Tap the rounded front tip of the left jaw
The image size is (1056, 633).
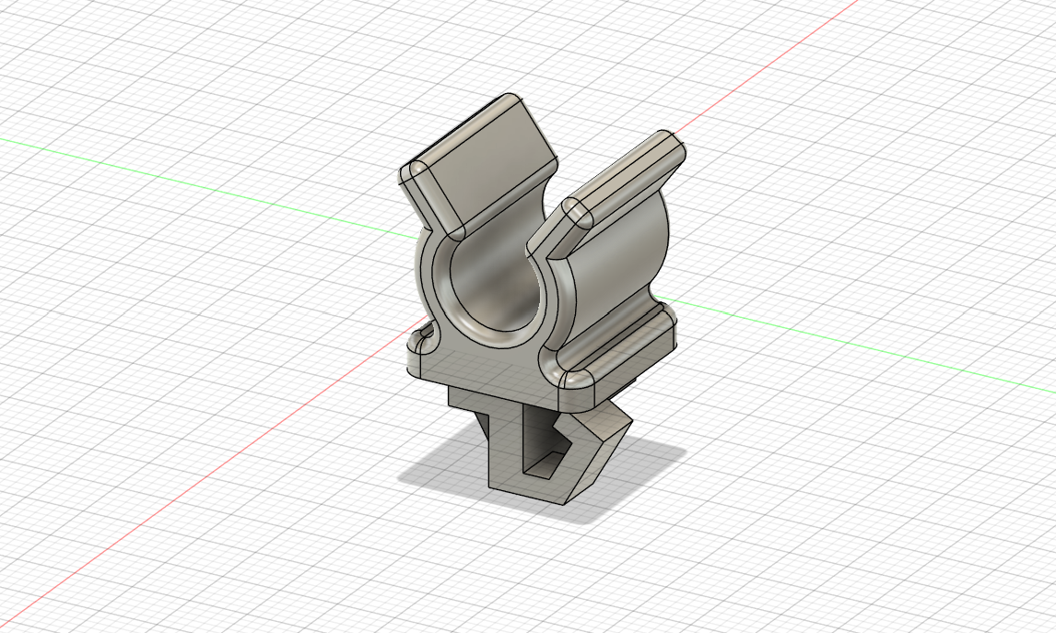[420, 174]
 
